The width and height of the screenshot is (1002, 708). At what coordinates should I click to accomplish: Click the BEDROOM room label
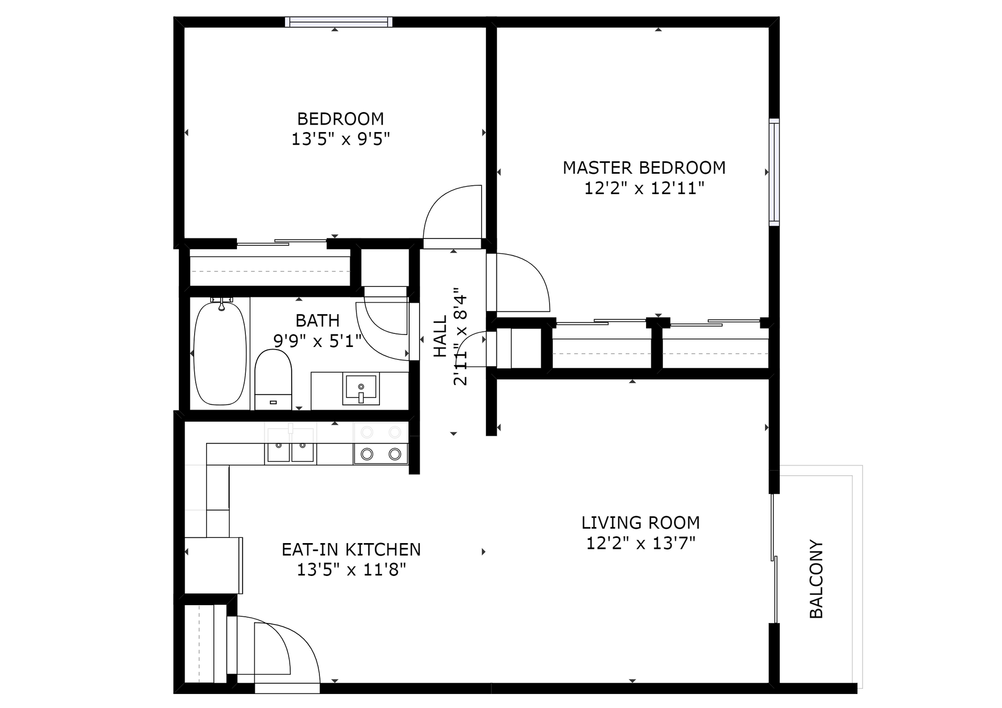point(340,119)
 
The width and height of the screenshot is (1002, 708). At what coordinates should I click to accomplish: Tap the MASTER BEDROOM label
point(644,168)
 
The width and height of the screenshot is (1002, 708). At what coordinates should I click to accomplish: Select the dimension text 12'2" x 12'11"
point(644,188)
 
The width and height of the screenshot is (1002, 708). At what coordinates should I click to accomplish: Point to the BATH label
point(317,320)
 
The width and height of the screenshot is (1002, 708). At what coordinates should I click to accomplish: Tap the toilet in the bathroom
point(273,379)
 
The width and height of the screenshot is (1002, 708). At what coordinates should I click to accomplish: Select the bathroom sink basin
point(361,389)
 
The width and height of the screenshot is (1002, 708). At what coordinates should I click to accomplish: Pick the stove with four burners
point(380,443)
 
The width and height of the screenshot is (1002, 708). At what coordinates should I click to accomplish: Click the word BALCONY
point(816,579)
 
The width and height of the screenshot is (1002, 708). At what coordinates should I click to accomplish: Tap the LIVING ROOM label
point(640,523)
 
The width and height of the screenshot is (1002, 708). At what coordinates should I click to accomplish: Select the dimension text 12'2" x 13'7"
point(640,543)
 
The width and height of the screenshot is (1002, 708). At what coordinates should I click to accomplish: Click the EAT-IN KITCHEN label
point(351,549)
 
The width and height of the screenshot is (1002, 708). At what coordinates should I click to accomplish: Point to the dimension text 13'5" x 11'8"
point(351,570)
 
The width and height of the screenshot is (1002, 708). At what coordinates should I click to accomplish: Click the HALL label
point(440,336)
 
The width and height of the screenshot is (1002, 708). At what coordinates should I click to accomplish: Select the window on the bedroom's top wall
point(339,22)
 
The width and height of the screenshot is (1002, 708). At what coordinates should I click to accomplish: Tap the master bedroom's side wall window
point(774,172)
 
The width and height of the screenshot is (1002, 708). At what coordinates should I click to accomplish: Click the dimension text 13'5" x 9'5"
point(340,139)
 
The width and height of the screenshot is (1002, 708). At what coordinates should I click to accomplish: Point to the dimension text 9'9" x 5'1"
point(317,341)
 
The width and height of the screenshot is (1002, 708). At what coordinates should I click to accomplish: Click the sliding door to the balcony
point(774,558)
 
